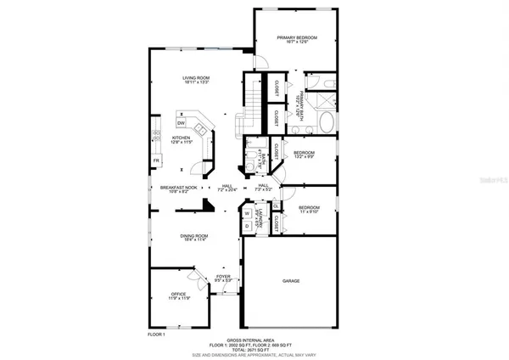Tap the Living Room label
coord(196,79)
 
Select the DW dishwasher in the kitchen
coord(182,124)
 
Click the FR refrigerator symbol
coord(156,160)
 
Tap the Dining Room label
coord(196,236)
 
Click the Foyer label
coord(222,277)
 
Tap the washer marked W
coord(247,213)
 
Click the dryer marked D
coord(247,225)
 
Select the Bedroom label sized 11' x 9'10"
coord(309,208)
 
